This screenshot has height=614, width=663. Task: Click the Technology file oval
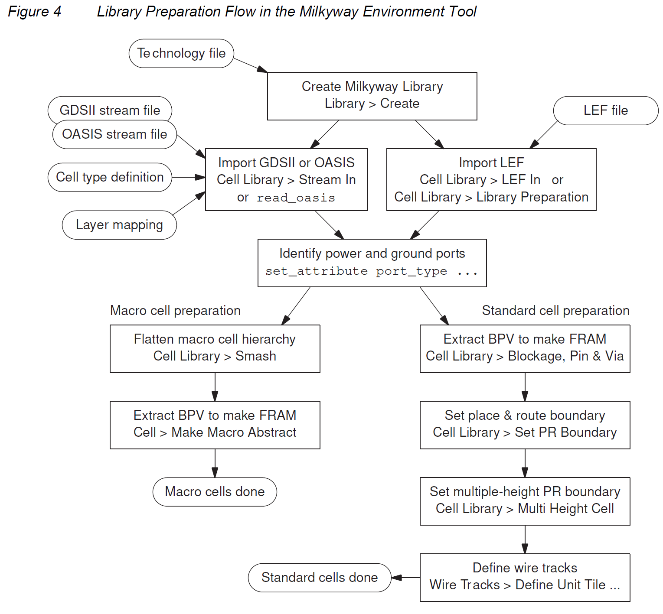[181, 53]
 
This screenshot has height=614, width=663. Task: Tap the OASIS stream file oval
[114, 135]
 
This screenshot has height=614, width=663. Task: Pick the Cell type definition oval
[110, 177]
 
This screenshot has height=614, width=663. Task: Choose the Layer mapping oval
[119, 225]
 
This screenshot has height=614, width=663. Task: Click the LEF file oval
[606, 110]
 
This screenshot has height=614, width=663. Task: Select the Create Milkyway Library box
[372, 96]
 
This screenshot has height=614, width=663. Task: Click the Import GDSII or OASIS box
[286, 180]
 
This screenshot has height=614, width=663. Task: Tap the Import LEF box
[491, 180]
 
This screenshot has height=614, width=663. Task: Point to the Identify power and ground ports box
[372, 263]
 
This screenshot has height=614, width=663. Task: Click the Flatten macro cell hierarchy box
[215, 349]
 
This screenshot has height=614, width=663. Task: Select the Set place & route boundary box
[525, 425]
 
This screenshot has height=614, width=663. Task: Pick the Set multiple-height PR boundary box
[525, 501]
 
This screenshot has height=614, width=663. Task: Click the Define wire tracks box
[525, 578]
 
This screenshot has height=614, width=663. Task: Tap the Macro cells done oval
[215, 492]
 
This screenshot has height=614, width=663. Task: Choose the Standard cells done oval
[320, 578]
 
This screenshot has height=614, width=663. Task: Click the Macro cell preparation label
[175, 311]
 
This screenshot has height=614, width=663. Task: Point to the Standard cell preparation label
[555, 311]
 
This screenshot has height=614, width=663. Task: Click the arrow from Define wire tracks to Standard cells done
[405, 578]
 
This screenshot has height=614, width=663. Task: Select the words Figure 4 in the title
[35, 12]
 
